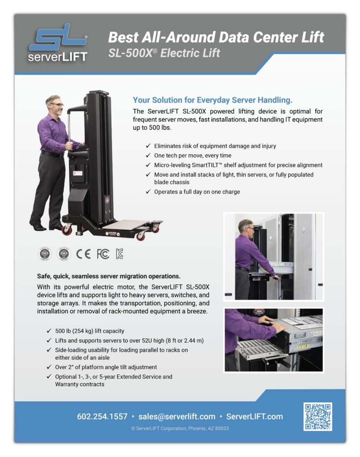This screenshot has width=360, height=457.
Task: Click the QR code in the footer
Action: click(x=318, y=416)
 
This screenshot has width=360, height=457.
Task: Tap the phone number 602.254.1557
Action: click(x=102, y=416)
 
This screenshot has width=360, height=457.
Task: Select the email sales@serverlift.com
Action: click(x=177, y=416)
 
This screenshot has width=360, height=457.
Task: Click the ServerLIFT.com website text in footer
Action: click(x=255, y=416)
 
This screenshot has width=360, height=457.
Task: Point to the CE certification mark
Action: click(x=84, y=254)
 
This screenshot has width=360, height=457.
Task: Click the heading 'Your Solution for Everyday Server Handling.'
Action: click(x=213, y=100)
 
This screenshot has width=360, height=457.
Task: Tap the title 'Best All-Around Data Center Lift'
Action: click(x=216, y=37)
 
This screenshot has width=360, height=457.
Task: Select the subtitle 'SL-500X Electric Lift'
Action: click(x=164, y=53)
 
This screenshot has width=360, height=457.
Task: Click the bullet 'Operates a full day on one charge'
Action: click(x=197, y=191)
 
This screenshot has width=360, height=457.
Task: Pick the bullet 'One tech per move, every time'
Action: click(x=193, y=155)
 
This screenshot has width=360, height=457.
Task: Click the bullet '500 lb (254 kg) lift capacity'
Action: click(x=90, y=331)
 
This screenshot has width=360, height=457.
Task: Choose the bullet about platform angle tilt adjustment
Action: click(x=106, y=367)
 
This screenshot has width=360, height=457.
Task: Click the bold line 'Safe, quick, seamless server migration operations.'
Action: click(x=109, y=276)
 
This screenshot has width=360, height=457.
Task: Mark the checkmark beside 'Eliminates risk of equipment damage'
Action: click(x=148, y=146)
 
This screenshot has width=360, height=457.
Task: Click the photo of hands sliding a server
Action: click(x=273, y=340)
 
